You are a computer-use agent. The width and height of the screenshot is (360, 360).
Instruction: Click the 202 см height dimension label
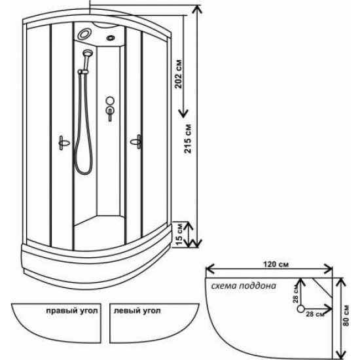click(x=179, y=74)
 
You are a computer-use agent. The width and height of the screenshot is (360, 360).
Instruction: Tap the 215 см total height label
click(x=188, y=139)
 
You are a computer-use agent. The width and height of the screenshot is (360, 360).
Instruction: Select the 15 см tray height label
click(x=180, y=234)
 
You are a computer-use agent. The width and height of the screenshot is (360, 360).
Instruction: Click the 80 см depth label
click(x=346, y=315)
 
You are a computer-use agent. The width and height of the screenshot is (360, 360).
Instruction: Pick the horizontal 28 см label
click(x=315, y=314)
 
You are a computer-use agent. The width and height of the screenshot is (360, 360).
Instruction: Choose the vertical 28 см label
click(x=296, y=294)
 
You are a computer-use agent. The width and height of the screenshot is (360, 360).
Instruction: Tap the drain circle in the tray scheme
click(x=301, y=309)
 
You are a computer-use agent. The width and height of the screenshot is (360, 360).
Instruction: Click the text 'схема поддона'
click(x=243, y=286)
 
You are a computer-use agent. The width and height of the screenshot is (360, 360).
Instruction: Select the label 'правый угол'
click(x=72, y=311)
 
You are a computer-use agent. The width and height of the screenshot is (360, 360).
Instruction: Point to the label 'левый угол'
click(x=137, y=311)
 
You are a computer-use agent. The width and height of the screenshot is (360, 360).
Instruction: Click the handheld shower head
click(x=88, y=54)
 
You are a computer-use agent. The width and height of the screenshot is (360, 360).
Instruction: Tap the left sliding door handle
click(x=63, y=143)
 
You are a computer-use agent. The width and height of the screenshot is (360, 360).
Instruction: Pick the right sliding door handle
click(x=136, y=141)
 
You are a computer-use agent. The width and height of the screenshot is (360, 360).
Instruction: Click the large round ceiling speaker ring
click(x=84, y=34)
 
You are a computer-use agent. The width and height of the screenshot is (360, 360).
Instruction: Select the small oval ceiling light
click(x=111, y=37)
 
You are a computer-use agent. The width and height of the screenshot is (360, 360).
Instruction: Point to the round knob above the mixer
click(x=110, y=101)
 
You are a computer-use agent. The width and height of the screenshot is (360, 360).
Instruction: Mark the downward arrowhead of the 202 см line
click(x=183, y=114)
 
